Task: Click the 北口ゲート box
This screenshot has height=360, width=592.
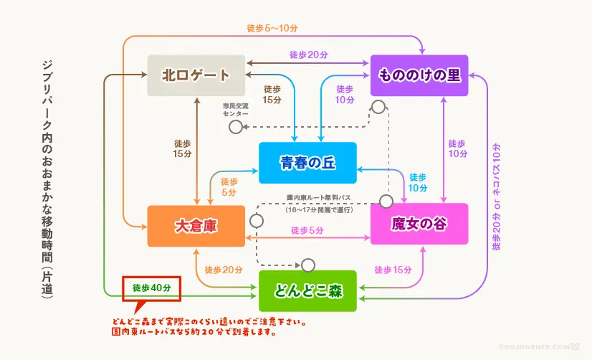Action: coord(196,75)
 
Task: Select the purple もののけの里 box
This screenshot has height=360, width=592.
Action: coord(419,75)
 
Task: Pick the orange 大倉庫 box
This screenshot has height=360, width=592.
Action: coord(196,225)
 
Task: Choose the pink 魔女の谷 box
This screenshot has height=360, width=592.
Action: coord(419,224)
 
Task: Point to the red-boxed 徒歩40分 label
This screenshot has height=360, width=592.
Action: coord(152,288)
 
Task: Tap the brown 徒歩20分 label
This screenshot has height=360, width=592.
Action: coord(309,55)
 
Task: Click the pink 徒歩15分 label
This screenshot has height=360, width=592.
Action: coord(393,270)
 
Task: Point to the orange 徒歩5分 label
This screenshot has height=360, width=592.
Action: coord(229,187)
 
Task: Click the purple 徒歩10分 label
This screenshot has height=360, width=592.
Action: coord(457,148)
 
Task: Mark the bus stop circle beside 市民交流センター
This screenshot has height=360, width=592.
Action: coord(235,127)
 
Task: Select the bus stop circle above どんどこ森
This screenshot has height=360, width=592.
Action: coord(308,265)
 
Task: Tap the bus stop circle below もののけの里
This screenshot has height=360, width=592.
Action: coord(379,108)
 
